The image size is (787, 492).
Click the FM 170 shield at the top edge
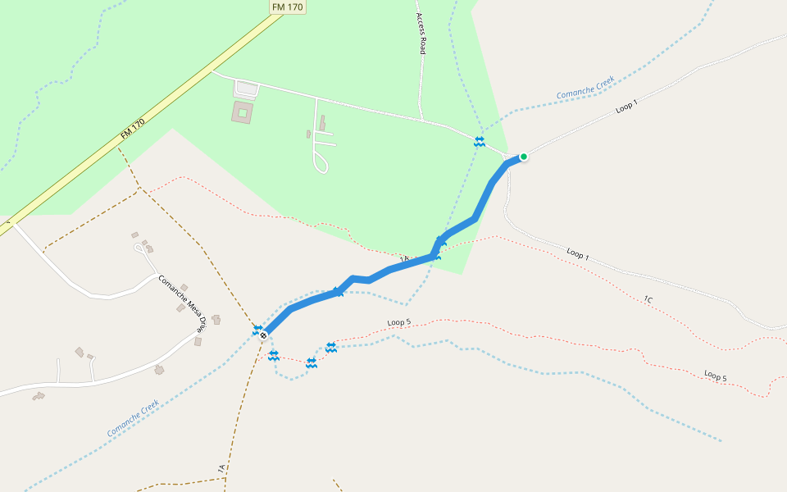287,7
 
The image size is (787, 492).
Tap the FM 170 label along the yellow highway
133,128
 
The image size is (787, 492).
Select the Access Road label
421,34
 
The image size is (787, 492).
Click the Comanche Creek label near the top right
585,89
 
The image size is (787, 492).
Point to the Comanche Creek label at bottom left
132,418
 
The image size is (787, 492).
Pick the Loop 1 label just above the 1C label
577,254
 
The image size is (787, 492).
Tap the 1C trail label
648,300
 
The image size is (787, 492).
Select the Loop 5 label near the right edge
715,376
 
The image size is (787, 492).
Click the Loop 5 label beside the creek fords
398,322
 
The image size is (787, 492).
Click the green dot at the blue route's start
523,156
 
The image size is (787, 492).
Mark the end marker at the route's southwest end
264,335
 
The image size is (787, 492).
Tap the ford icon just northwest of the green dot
479,141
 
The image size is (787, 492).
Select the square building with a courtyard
243,112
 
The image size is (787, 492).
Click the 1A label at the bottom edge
221,468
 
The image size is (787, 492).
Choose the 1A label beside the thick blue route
404,260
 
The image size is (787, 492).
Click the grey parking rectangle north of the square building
246,87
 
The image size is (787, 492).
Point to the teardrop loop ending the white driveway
321,166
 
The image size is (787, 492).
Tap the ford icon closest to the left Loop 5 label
331,348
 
